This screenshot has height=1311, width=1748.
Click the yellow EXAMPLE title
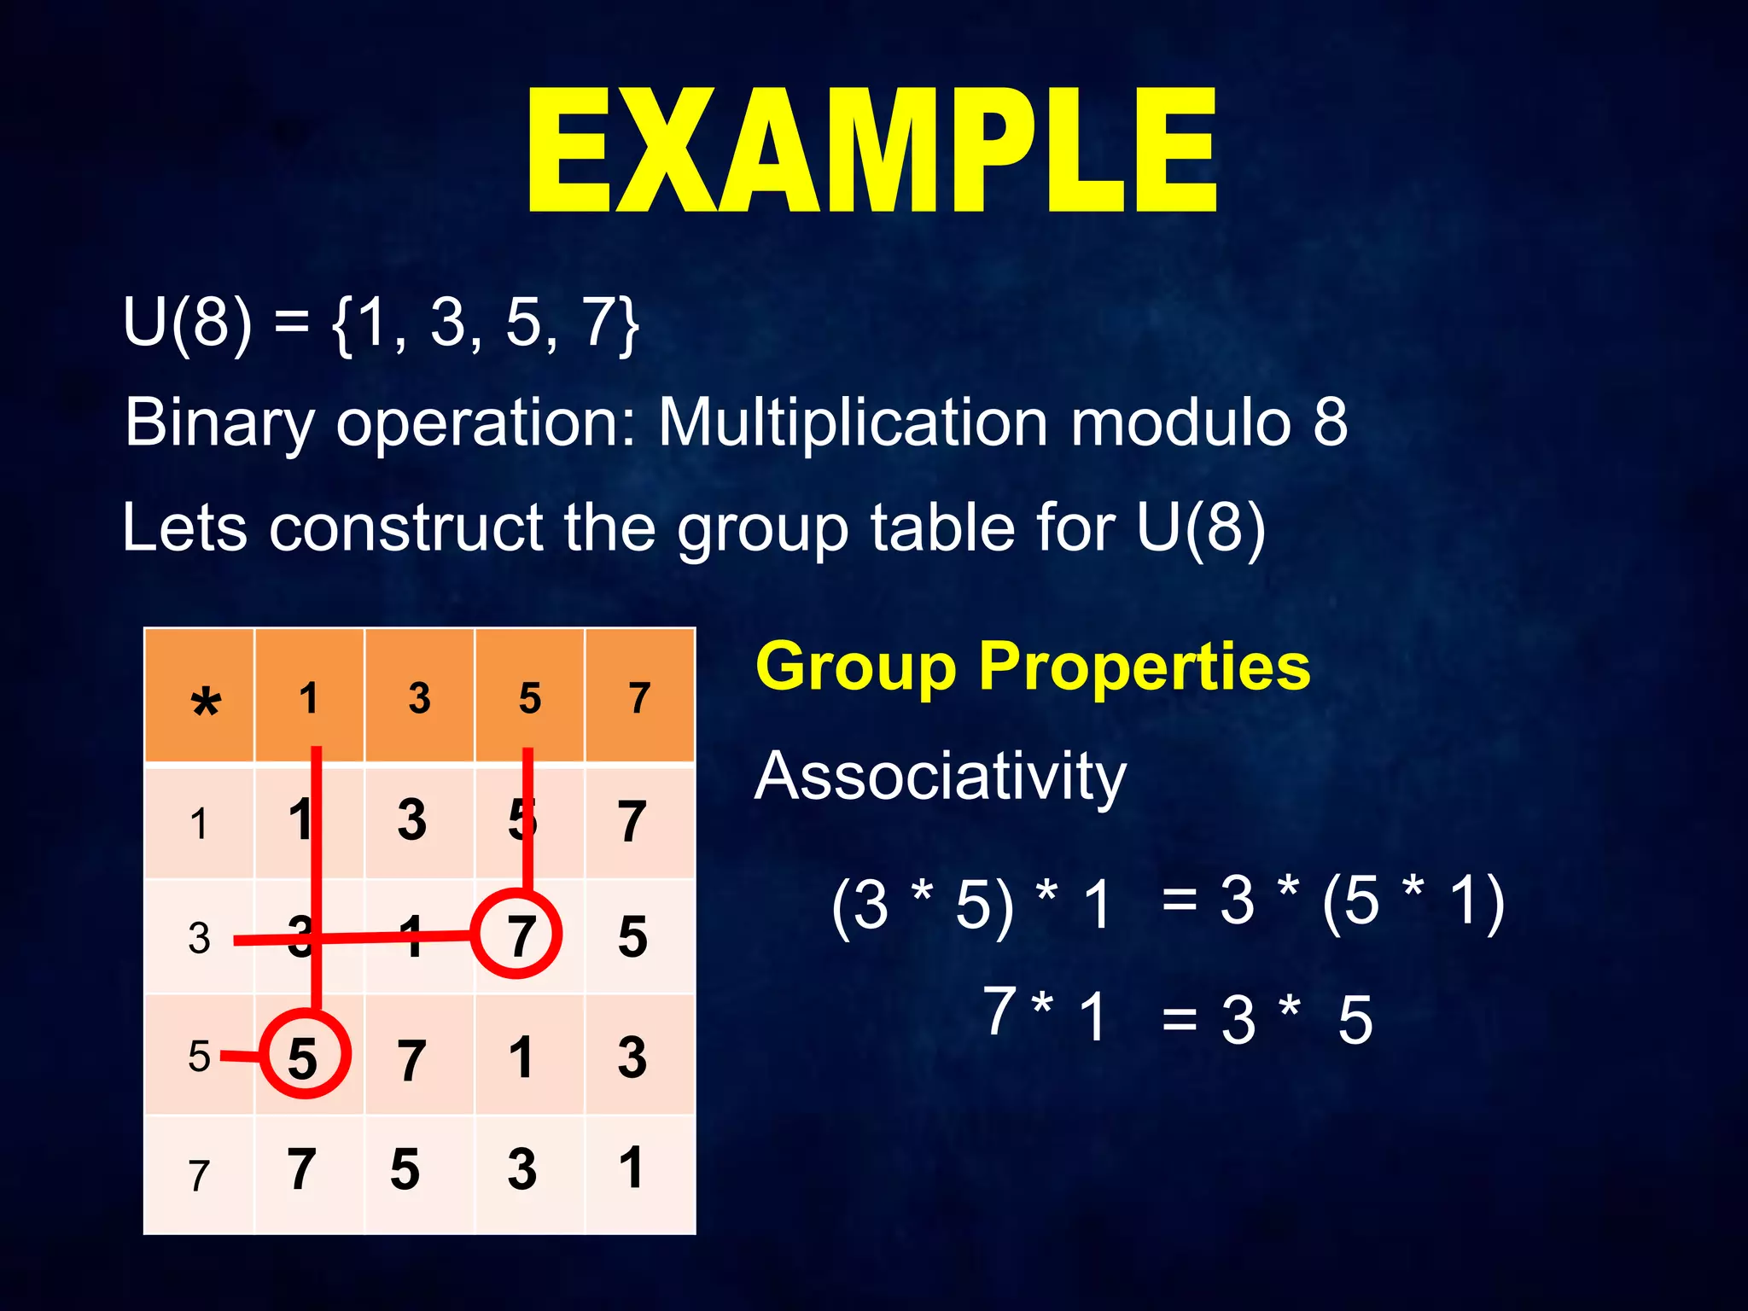coord(872,152)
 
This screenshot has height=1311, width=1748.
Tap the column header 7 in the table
coord(639,698)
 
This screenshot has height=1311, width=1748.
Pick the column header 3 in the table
coord(419,698)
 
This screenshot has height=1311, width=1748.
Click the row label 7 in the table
coord(198,1175)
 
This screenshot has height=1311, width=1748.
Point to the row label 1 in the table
coord(198,824)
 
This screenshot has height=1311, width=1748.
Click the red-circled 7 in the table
coord(517,935)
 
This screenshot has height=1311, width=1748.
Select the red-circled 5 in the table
coord(304,1056)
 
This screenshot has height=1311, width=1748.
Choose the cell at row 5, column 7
coord(632,1058)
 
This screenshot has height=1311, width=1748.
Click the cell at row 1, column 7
coord(632,821)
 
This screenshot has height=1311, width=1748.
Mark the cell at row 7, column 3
coord(405,1169)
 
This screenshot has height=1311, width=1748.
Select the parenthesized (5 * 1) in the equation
coord(1413,902)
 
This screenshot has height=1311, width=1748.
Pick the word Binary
coord(219,423)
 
